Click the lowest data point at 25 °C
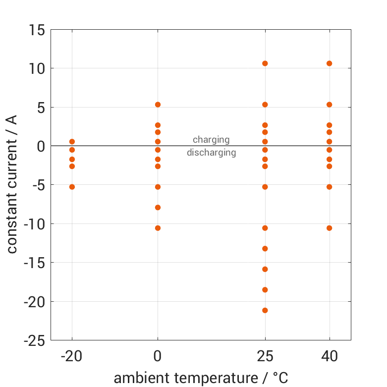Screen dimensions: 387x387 [265, 310]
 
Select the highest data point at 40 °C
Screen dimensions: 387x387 [330, 63]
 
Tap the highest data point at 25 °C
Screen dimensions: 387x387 [265, 63]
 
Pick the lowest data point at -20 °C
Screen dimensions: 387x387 [72, 187]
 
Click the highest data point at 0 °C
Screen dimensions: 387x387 [158, 105]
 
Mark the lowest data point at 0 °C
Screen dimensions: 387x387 [158, 228]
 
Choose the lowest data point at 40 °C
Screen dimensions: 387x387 [330, 228]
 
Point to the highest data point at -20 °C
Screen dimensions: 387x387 [72, 142]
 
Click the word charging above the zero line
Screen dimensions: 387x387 [211, 140]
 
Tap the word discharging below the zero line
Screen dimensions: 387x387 [211, 153]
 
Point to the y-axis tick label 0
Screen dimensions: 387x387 [41, 146]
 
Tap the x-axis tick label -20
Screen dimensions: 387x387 [72, 356]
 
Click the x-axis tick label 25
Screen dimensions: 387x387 [265, 356]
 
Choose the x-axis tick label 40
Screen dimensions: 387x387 [330, 356]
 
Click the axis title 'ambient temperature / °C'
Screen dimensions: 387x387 [201, 378]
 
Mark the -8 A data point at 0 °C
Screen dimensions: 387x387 [158, 208]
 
